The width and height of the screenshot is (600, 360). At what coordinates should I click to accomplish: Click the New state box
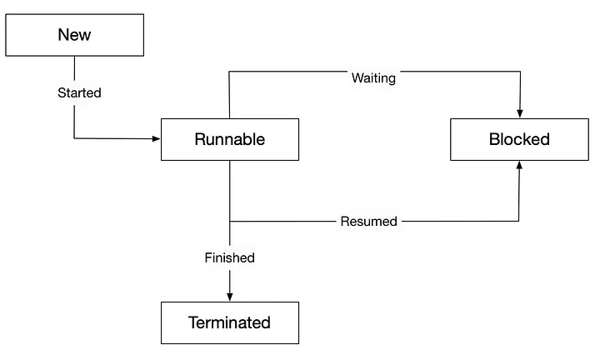click(x=74, y=35)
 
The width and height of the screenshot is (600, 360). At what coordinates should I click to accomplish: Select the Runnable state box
click(x=229, y=139)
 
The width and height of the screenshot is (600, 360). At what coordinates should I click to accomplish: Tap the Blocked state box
click(x=519, y=139)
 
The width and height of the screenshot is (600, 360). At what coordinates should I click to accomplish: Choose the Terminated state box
click(x=229, y=322)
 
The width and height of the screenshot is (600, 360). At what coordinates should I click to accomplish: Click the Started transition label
click(x=79, y=93)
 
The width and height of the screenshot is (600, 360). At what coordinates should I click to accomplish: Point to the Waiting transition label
click(x=373, y=79)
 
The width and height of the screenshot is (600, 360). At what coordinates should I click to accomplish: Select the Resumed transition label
click(x=369, y=222)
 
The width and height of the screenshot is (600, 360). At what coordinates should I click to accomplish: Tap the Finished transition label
click(x=229, y=257)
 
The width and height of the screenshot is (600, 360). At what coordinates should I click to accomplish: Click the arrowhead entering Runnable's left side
click(x=156, y=138)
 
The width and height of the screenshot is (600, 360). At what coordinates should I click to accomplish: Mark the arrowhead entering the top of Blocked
click(x=520, y=114)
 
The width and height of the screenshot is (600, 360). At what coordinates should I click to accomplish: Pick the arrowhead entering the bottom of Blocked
click(x=519, y=165)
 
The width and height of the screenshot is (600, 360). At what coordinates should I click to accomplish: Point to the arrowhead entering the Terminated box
click(x=229, y=297)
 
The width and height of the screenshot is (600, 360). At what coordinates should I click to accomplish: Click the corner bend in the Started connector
click(x=74, y=138)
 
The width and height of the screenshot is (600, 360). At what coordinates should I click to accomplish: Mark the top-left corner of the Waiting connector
click(x=229, y=72)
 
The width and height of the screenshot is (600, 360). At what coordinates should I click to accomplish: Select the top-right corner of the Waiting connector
click(x=520, y=72)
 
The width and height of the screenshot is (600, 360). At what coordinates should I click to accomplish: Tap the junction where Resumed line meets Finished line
click(x=229, y=222)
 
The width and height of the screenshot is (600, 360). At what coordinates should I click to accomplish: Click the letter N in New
click(x=63, y=35)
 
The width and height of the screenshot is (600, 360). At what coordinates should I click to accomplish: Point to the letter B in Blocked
click(x=494, y=139)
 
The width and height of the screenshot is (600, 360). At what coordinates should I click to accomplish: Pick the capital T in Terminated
click(x=193, y=322)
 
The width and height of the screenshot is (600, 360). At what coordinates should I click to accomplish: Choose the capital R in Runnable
click(x=200, y=139)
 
